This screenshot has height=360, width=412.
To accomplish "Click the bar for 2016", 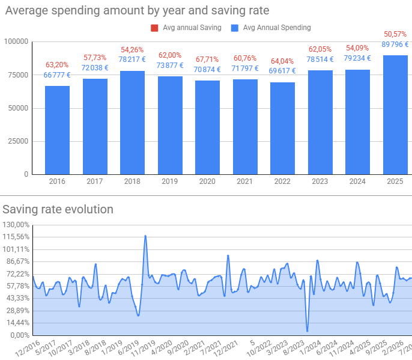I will pyautogui.click(x=57, y=130).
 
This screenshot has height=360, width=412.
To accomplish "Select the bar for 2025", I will pyautogui.click(x=395, y=115).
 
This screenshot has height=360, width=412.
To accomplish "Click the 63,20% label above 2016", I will pyautogui.click(x=57, y=65).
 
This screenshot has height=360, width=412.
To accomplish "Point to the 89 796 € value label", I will pyautogui.click(x=395, y=44).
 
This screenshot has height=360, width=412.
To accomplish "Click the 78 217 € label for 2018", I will pyautogui.click(x=132, y=59).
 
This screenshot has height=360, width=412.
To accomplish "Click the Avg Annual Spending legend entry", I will pyautogui.click(x=276, y=27).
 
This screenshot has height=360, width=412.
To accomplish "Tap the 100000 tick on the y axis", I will pyautogui.click(x=17, y=41).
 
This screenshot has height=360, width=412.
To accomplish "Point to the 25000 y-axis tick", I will pyautogui.click(x=19, y=141).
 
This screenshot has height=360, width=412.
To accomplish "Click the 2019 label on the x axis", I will pyautogui.click(x=169, y=182).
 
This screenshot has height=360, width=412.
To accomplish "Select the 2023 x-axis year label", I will pyautogui.click(x=320, y=182).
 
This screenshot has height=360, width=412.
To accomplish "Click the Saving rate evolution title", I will pyautogui.click(x=58, y=209).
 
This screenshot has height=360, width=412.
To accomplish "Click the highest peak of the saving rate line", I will pyautogui.click(x=145, y=236).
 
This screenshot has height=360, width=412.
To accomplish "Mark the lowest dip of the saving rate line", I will pyautogui.click(x=307, y=331).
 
